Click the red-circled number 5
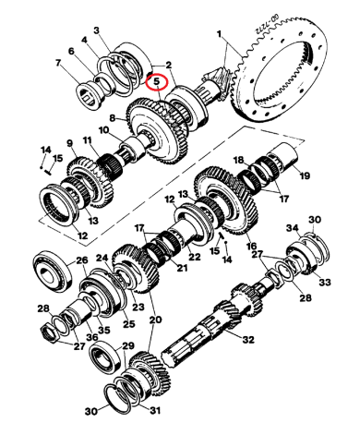coord(158,80)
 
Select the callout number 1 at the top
coord(220,34)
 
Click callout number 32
coord(248,341)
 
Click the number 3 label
coord(106,31)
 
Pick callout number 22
coord(195,256)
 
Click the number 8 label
coord(112,118)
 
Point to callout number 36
coord(91,338)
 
